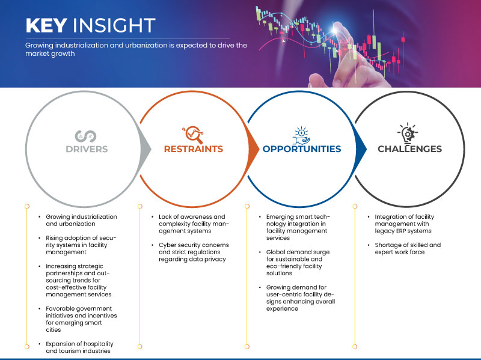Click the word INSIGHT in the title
pos(115,26)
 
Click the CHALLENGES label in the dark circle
pos(409,149)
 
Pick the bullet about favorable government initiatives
pos(81,319)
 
